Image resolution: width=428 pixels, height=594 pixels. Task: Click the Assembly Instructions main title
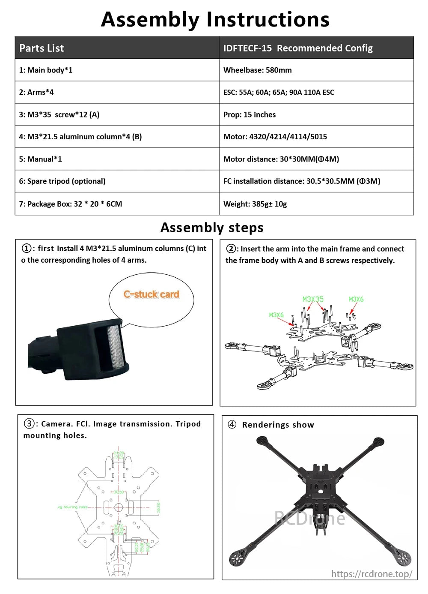(215, 19)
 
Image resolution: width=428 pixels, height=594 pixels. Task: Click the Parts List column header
(42, 48)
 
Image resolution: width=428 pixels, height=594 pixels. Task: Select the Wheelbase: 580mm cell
(257, 70)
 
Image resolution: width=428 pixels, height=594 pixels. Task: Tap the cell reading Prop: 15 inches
(249, 114)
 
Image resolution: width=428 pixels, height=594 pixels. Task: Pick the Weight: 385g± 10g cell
(255, 204)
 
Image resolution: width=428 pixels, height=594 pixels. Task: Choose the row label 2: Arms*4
(36, 92)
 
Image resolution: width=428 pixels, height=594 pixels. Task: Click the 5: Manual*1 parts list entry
(40, 159)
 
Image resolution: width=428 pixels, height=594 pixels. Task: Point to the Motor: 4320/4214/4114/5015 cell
(275, 137)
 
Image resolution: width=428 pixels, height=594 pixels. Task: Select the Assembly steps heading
(212, 228)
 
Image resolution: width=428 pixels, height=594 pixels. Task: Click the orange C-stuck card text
(151, 294)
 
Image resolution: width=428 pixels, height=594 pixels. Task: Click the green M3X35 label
(313, 299)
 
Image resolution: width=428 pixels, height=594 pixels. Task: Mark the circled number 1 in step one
(27, 248)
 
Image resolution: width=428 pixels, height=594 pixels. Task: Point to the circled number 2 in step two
(231, 249)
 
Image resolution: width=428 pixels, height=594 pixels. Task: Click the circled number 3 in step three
(29, 423)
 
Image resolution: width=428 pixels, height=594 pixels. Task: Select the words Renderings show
(278, 425)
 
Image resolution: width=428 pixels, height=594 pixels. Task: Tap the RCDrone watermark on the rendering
(309, 518)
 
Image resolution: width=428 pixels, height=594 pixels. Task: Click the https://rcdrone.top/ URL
(372, 574)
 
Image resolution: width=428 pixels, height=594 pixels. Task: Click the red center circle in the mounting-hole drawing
(119, 507)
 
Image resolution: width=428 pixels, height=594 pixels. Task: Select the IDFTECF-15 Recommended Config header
(298, 48)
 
